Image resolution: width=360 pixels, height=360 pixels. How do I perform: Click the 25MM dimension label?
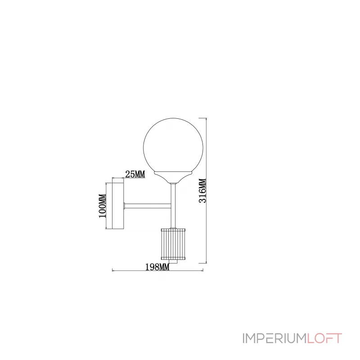135,174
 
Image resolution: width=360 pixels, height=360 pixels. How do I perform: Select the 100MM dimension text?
103,206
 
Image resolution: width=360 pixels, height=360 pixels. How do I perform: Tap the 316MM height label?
202,190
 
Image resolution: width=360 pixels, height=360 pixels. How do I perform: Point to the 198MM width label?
157,267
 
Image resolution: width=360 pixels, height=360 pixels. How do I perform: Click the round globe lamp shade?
173,145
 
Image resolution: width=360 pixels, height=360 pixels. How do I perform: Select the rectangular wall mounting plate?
118,206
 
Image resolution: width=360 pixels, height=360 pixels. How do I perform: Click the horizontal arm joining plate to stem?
148,206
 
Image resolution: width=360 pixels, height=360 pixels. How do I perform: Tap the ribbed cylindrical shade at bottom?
173,244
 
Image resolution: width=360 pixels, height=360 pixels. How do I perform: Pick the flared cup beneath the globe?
173,177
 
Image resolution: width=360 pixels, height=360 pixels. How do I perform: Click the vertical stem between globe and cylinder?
173,206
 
